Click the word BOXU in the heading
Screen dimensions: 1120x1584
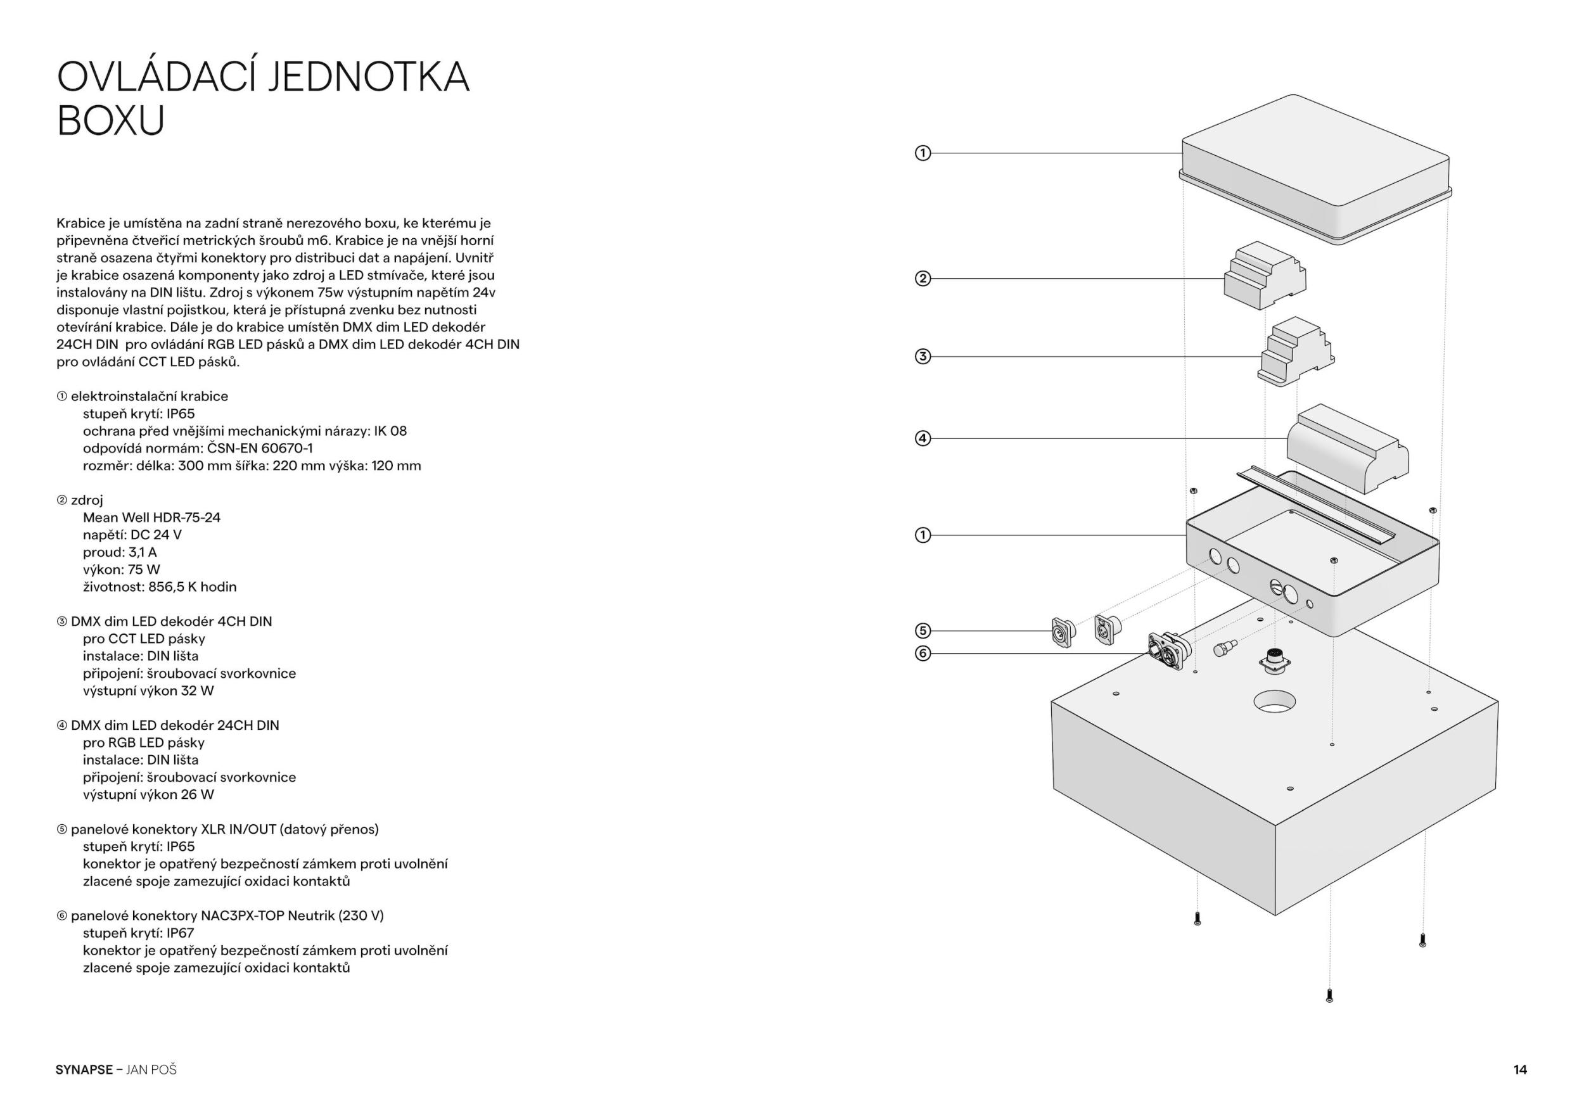pos(110,121)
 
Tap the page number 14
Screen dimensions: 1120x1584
pos(1520,1070)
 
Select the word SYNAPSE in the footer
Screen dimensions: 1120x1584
pos(84,1070)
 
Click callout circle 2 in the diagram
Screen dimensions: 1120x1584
pos(923,279)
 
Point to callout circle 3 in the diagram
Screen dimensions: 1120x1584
pos(923,357)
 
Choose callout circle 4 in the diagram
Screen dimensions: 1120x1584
pos(923,438)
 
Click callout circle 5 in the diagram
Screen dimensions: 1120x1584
pos(923,630)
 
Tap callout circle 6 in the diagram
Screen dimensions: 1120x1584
pos(923,653)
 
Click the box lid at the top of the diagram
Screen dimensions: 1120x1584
pos(1314,169)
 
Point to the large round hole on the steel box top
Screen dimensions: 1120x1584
pos(1274,701)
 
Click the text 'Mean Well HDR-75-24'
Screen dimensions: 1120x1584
pos(152,518)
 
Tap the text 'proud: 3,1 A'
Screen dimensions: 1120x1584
pos(120,552)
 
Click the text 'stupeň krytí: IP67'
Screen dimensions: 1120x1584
pos(139,933)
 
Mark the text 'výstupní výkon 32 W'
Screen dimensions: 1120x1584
pos(148,690)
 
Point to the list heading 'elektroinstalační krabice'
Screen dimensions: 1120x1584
pos(149,396)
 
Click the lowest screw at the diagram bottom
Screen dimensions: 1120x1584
pos(1329,995)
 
